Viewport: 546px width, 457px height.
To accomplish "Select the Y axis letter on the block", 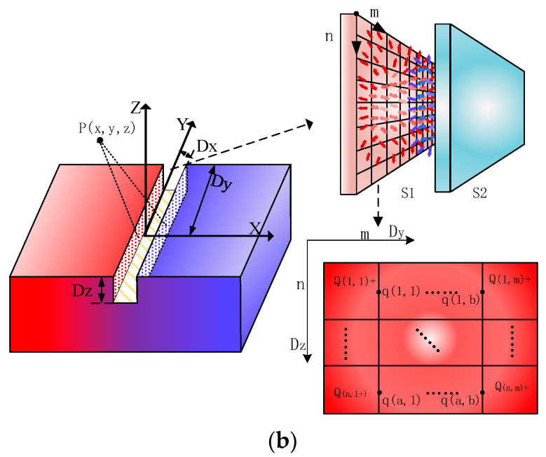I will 182,125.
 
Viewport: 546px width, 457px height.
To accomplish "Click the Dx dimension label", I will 206,148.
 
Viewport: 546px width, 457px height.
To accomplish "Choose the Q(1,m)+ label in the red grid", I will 510,278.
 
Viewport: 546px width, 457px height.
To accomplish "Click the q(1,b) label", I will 460,300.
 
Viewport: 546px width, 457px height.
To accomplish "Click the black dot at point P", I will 100,140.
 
